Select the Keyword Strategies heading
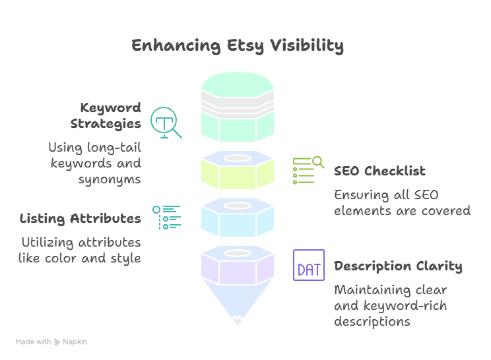pyautogui.click(x=110, y=115)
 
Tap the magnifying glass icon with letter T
pyautogui.click(x=165, y=123)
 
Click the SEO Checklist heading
pyautogui.click(x=379, y=171)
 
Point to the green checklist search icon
pyautogui.click(x=308, y=170)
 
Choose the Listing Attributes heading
pyautogui.click(x=80, y=218)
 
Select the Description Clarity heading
pyautogui.click(x=397, y=266)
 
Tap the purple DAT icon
pyautogui.click(x=309, y=266)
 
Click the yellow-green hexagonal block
pyautogui.click(x=238, y=172)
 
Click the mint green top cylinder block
pyautogui.click(x=238, y=109)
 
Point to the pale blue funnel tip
pyautogui.click(x=238, y=310)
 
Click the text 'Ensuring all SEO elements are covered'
pyautogui.click(x=402, y=203)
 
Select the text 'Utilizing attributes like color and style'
pyautogui.click(x=80, y=250)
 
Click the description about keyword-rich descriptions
pyautogui.click(x=391, y=306)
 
